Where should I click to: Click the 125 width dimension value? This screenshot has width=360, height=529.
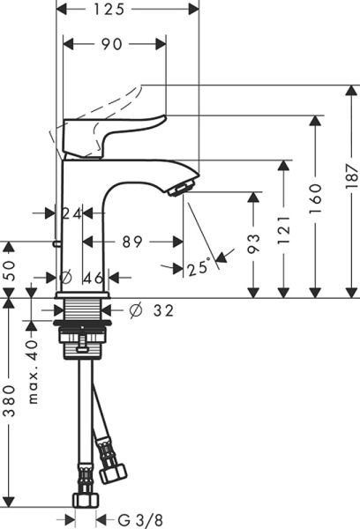109,9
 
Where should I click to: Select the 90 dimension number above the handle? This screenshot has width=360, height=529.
111,44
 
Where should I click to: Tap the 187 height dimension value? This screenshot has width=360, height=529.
352,176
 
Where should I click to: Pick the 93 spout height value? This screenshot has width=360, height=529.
254,242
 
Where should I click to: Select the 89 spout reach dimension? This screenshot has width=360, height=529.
132,242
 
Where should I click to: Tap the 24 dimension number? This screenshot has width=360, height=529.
72,213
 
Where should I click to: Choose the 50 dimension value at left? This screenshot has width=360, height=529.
11,271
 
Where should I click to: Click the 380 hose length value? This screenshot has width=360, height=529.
11,401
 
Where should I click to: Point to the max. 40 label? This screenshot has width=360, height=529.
33,371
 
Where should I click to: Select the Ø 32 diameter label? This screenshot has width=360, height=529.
151,310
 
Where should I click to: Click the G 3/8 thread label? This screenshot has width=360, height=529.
140,519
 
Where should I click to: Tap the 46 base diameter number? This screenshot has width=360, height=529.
93,278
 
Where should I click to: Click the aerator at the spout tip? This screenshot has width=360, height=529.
182,189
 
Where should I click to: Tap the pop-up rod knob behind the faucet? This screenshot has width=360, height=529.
56,242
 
